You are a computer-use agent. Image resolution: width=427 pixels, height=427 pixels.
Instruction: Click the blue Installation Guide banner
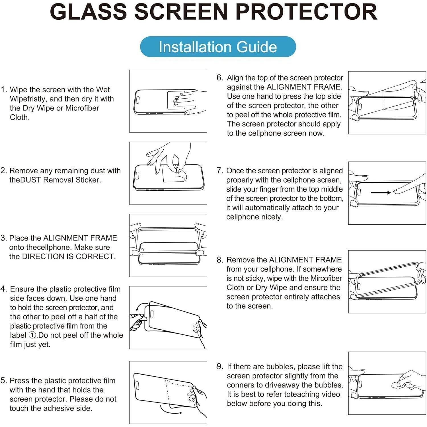(218, 47)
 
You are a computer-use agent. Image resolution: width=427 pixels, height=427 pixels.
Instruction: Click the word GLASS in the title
(88, 12)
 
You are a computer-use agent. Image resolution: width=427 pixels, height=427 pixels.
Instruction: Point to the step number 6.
(220, 78)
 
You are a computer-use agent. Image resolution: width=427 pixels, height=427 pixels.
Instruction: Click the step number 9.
(220, 366)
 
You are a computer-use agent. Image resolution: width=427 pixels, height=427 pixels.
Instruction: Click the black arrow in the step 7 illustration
(381, 193)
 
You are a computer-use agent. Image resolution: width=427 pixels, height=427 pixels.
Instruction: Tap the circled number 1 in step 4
(32, 335)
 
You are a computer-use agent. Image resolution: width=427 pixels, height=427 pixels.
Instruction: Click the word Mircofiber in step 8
(326, 278)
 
